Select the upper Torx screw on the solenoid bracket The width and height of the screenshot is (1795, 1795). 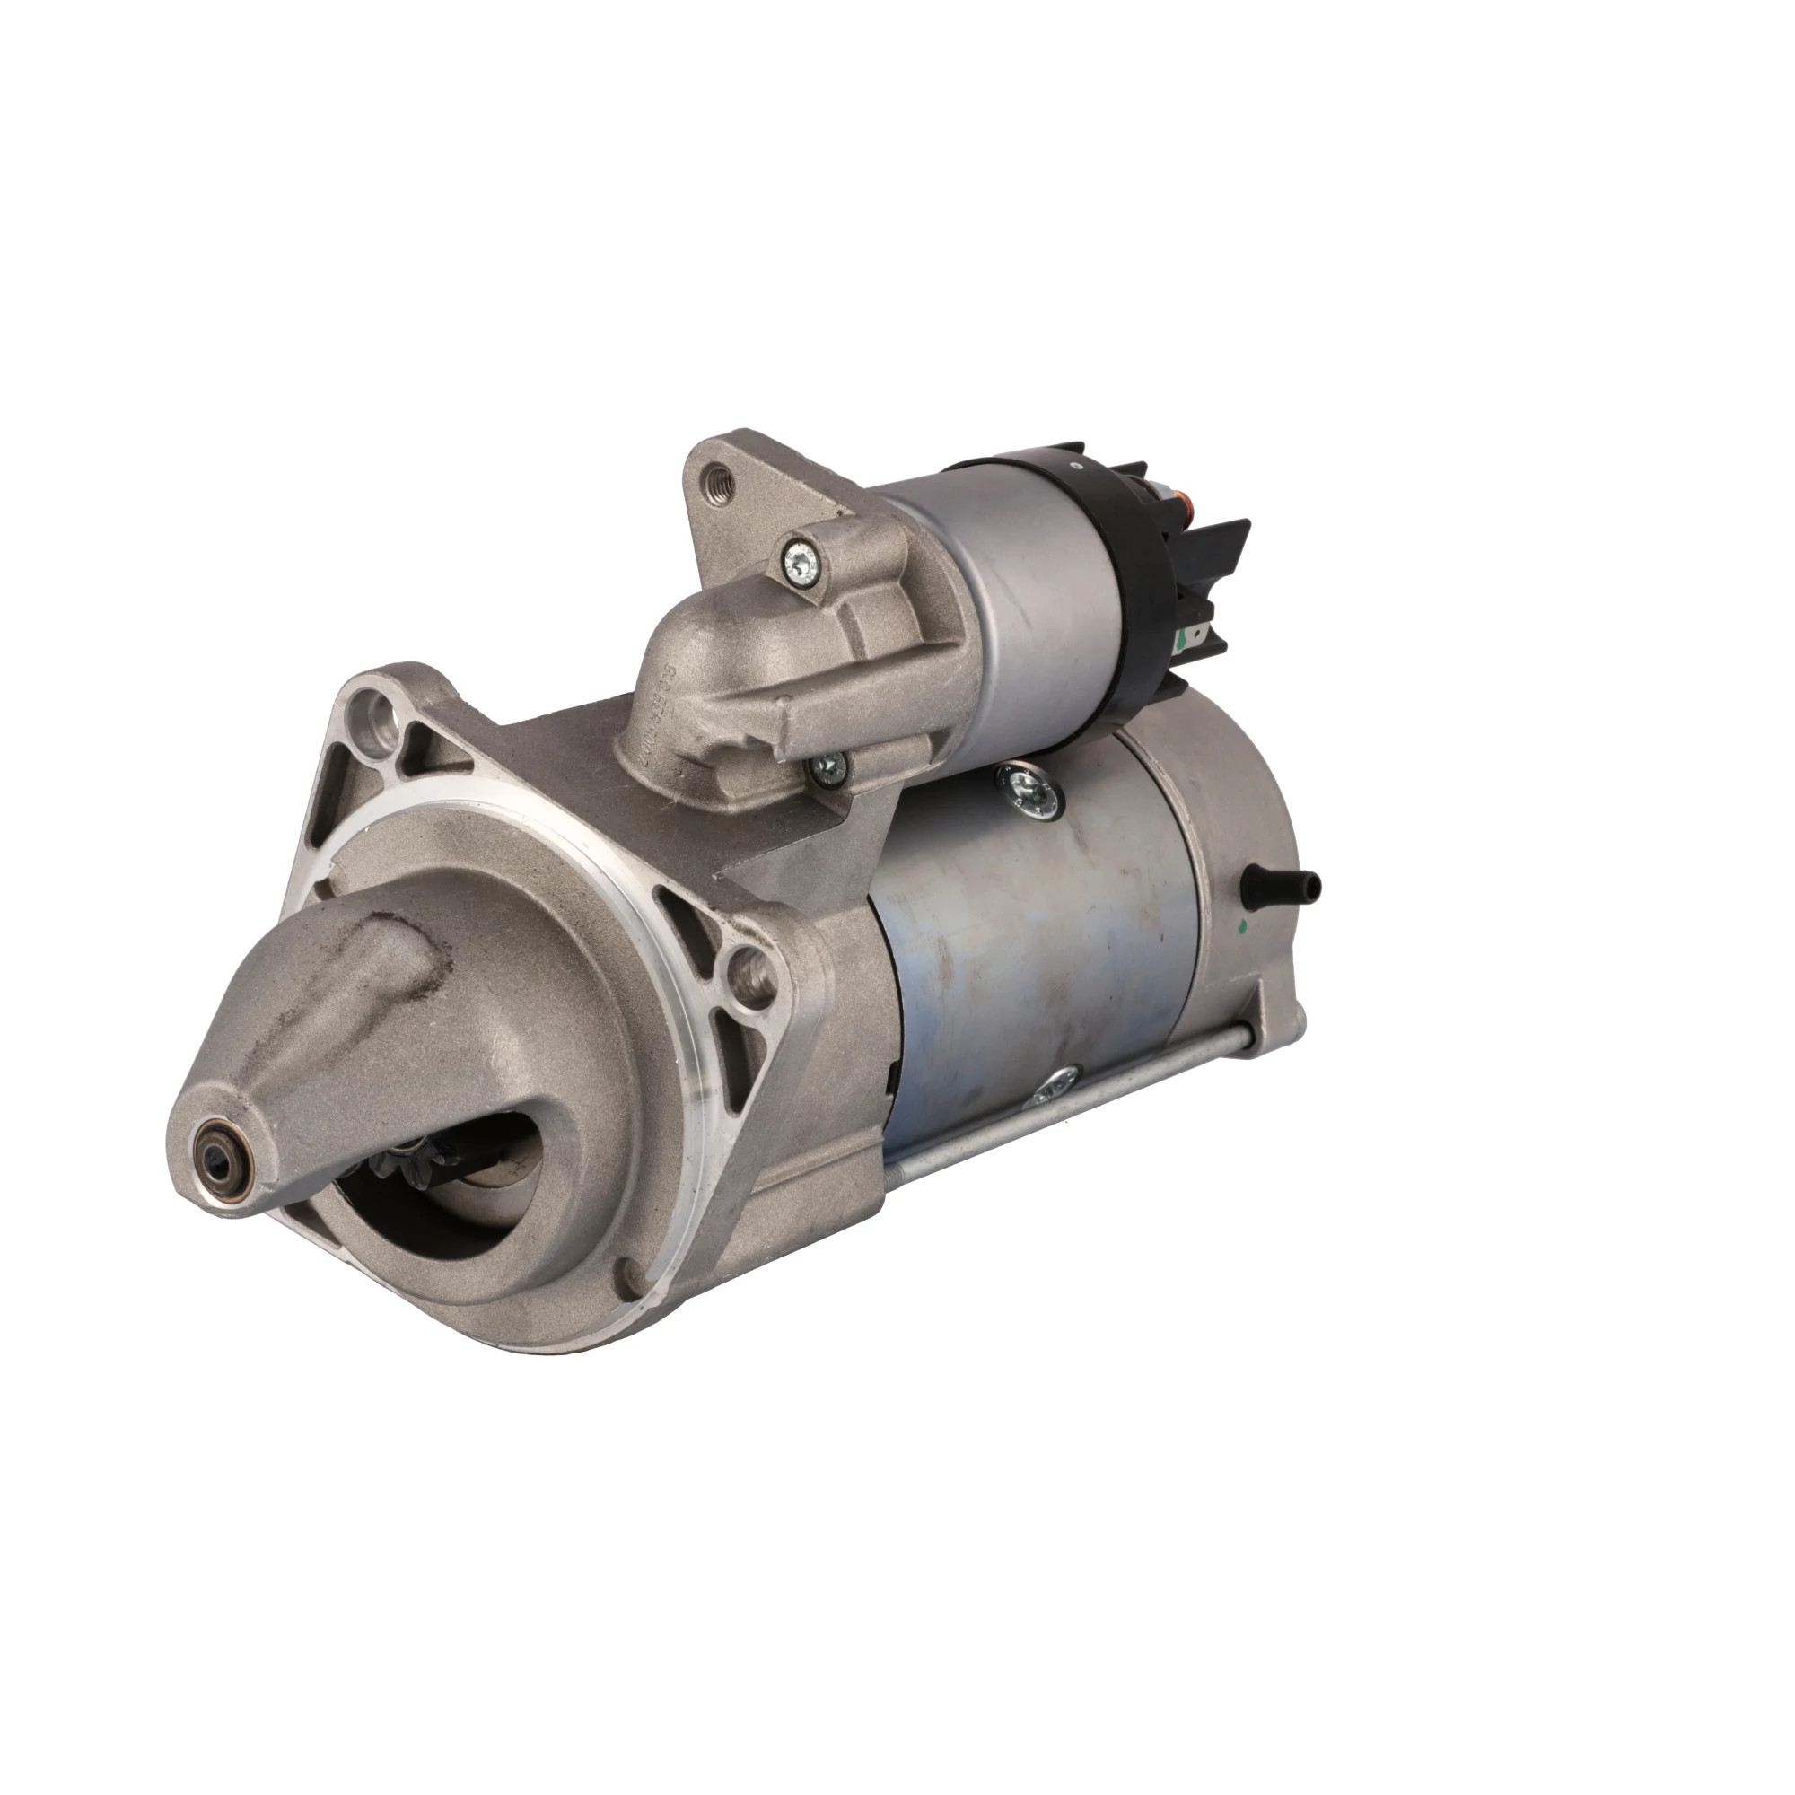[x=798, y=560]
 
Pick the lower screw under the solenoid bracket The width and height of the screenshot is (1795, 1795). [x=827, y=740]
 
